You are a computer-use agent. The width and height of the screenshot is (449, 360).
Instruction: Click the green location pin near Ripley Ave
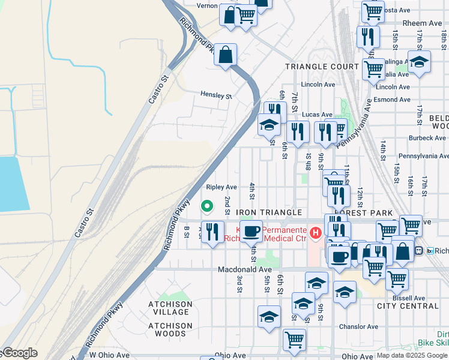(207, 206)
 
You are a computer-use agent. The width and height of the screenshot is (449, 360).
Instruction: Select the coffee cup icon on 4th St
(252, 231)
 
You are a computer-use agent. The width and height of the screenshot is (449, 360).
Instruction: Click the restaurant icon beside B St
(211, 232)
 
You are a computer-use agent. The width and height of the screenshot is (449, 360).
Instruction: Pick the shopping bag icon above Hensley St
(225, 55)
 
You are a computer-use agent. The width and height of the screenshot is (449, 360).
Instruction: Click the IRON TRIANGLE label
(268, 212)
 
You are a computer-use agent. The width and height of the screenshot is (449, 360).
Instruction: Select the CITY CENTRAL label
(408, 306)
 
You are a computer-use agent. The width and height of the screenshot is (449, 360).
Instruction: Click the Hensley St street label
(217, 96)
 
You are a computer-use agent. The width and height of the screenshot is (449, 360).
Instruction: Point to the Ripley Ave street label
(221, 187)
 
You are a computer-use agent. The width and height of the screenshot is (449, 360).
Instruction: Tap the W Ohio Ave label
(109, 355)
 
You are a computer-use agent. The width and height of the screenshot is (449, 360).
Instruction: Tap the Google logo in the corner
(19, 353)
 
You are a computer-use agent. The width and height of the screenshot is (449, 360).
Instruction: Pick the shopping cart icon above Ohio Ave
(294, 340)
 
